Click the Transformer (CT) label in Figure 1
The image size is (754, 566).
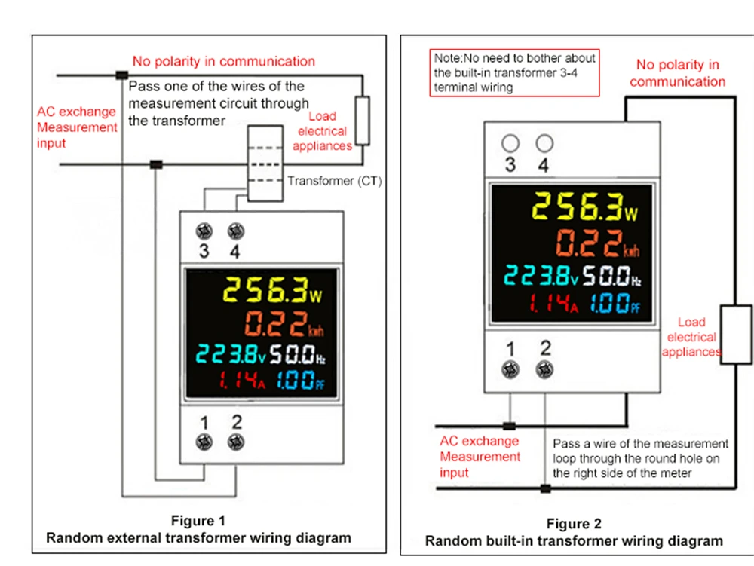tap(335, 181)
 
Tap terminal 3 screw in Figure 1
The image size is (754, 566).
tap(204, 231)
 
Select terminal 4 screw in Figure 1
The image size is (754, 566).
tap(235, 231)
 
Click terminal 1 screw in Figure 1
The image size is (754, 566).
tap(204, 442)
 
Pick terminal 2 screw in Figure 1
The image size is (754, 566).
tap(235, 442)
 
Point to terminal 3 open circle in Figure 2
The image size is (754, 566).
tap(510, 143)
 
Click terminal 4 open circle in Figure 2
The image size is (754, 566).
tap(544, 143)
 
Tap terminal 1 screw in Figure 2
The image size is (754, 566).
tap(510, 370)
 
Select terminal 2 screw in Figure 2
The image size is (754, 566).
tap(544, 370)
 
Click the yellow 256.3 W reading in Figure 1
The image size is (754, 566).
tap(273, 290)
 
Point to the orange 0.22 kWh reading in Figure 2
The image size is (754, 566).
tap(598, 243)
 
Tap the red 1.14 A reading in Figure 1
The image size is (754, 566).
tap(242, 380)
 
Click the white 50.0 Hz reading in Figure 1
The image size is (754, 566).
tap(297, 355)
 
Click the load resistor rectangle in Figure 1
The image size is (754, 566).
tap(362, 121)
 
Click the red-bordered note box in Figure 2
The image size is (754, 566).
tap(514, 72)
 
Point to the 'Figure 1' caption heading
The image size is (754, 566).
tap(198, 520)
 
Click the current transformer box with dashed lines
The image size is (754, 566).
tap(265, 164)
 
